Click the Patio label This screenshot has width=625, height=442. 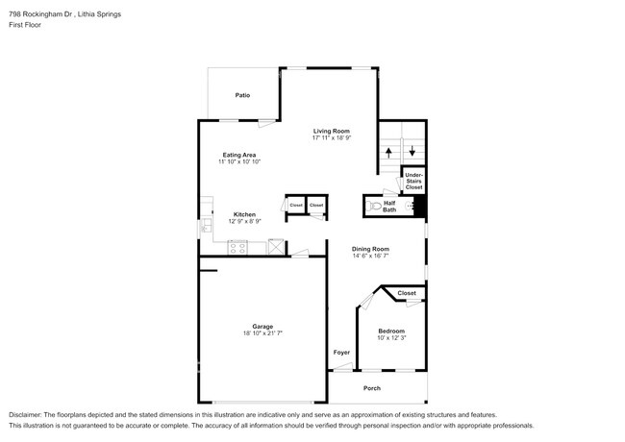tap(243, 95)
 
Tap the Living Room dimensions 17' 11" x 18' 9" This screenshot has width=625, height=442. tap(330, 138)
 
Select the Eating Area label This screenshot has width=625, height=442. tap(239, 155)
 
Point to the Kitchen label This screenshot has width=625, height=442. tap(244, 214)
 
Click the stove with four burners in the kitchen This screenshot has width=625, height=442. tap(237, 247)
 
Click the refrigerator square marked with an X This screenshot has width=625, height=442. tap(276, 247)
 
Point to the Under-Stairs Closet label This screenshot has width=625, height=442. tap(413, 181)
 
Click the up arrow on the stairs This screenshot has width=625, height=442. tap(388, 151)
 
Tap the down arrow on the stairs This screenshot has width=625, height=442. tap(412, 151)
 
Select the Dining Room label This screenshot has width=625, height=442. tap(370, 249)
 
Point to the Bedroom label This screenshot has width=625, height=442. tap(391, 331)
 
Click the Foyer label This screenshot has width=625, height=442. tap(341, 353)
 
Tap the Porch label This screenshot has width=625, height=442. tap(372, 388)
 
